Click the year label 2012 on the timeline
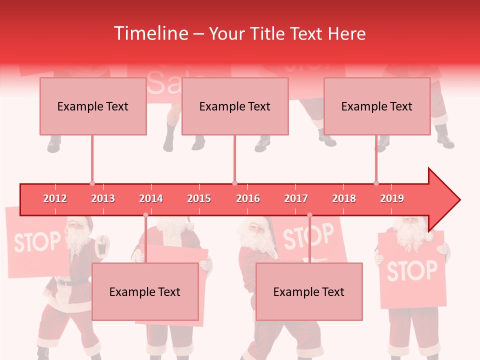click(x=55, y=198)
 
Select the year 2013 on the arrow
click(x=103, y=198)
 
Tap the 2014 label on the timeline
click(x=151, y=198)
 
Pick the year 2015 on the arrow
click(x=199, y=198)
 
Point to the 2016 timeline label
click(x=248, y=198)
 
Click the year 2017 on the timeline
click(x=296, y=198)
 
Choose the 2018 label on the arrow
click(x=344, y=198)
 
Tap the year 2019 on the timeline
click(x=392, y=198)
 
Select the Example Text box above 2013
click(x=93, y=106)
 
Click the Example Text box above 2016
click(x=235, y=106)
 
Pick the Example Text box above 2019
click(x=377, y=106)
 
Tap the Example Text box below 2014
click(x=145, y=292)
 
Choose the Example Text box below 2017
click(x=309, y=292)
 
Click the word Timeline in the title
click(x=150, y=33)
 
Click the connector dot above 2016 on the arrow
click(x=234, y=183)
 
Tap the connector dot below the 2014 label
click(x=145, y=215)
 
